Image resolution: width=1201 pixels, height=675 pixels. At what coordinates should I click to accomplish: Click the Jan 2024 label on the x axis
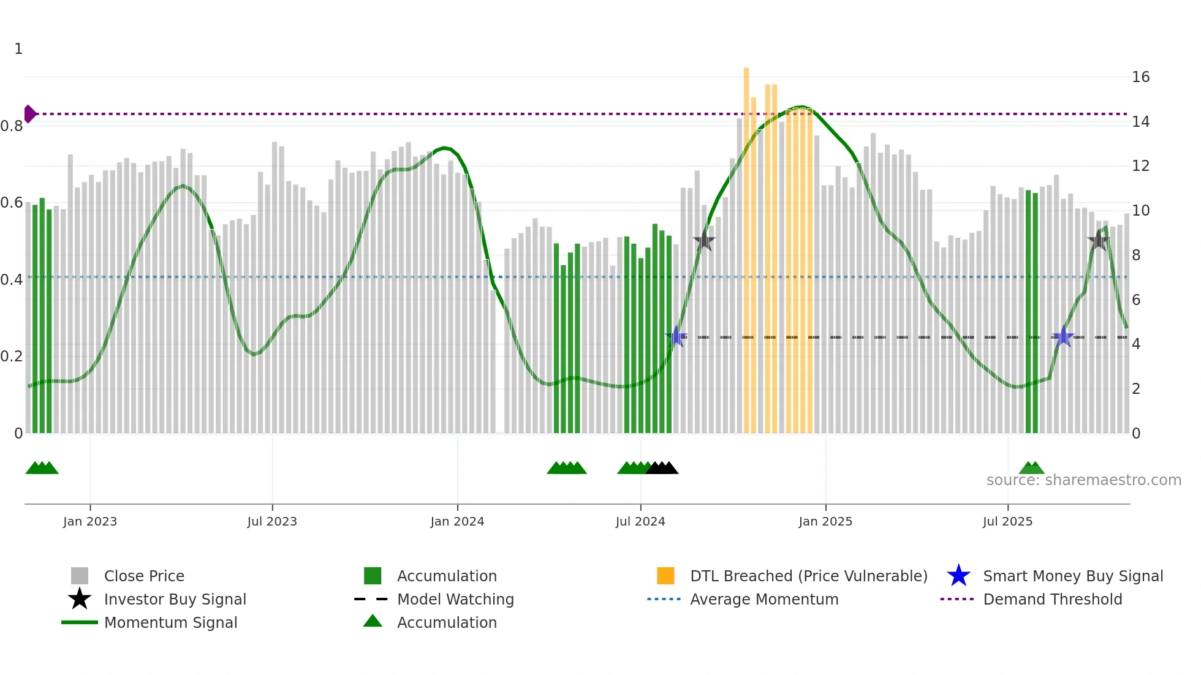coord(457,521)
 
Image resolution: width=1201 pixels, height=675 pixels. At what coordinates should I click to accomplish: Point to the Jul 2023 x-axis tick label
coord(272,521)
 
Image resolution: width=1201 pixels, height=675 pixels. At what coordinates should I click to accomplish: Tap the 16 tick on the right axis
coord(1140,77)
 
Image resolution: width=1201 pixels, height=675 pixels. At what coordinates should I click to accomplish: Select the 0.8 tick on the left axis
coord(12,126)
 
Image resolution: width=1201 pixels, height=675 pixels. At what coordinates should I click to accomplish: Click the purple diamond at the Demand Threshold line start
coord(29,114)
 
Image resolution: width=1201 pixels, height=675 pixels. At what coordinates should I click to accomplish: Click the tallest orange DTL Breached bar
coord(746,245)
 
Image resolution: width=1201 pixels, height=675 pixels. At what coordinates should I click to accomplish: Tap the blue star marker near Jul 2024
coord(676,336)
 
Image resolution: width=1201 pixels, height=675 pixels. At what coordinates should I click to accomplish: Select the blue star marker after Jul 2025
coord(1063,337)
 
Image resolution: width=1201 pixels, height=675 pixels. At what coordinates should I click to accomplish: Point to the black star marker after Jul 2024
coord(704,241)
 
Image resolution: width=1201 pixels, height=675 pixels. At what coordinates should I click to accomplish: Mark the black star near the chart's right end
coord(1099,241)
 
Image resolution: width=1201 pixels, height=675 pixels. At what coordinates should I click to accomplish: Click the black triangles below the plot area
coord(662,469)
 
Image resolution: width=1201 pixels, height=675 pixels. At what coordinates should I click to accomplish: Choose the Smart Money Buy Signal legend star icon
coord(958,576)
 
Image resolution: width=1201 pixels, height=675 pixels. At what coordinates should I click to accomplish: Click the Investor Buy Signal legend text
coord(175,599)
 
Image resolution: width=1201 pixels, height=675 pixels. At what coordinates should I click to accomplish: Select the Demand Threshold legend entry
coord(1052,599)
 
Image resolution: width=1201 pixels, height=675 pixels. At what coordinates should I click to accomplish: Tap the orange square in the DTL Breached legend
coord(665,576)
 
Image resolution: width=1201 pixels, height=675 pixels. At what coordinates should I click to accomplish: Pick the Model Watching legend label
coord(455,599)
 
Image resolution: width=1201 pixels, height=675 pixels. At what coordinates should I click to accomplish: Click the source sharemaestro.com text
coord(1083,480)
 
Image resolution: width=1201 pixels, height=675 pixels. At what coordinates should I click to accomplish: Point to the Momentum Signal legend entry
coord(170,622)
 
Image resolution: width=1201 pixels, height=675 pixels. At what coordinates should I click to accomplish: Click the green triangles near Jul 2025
coord(1031,469)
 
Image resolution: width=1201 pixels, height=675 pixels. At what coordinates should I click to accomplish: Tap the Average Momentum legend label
coord(764,599)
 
